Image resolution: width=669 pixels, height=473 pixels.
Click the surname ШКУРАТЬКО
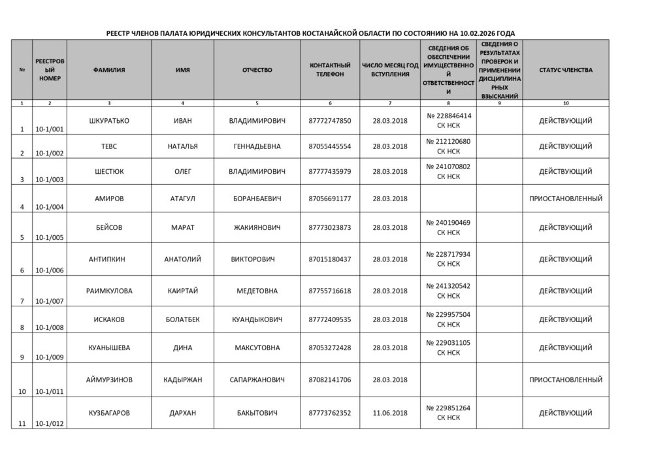108,121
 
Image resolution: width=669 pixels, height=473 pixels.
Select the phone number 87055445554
330,146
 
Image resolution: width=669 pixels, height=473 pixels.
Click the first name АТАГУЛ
183,198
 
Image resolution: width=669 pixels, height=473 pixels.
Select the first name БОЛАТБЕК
183,319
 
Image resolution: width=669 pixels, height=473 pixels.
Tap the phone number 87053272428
330,348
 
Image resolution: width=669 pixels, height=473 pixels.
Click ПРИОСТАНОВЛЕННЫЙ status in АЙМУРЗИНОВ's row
566,380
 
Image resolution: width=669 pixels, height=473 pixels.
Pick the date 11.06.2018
389,413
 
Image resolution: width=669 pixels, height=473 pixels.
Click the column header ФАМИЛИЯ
109,70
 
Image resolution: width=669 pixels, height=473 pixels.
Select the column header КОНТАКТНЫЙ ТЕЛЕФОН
330,70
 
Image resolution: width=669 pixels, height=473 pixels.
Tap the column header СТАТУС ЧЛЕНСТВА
566,70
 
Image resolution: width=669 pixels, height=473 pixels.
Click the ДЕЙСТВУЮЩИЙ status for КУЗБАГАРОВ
566,413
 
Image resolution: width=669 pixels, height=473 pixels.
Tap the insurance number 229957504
448,314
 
